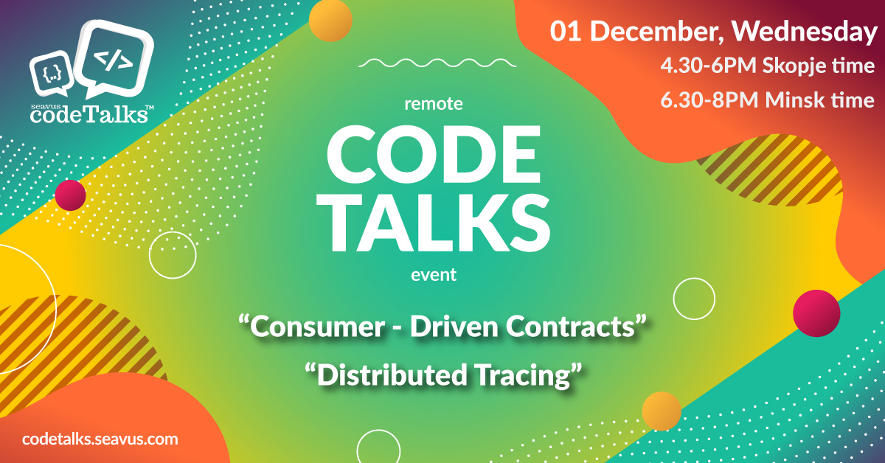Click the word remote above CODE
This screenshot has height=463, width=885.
tap(434, 104)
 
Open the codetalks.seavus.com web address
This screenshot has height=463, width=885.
tap(101, 439)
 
